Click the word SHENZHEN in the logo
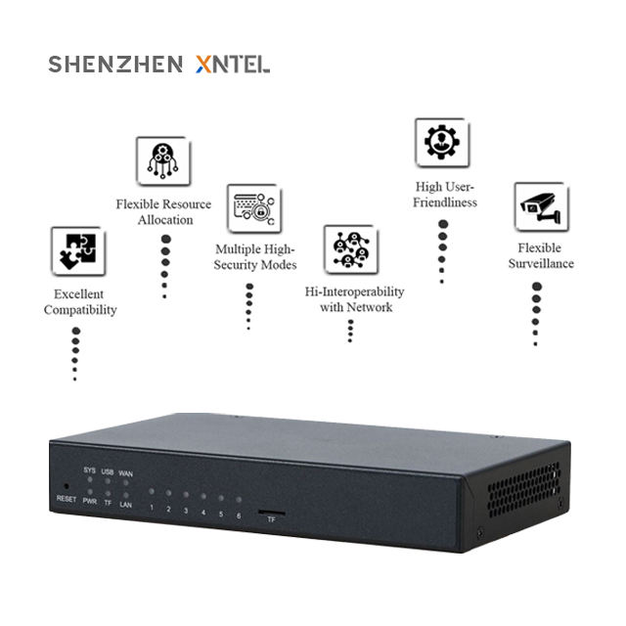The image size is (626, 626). (x=115, y=65)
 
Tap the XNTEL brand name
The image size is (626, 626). (x=233, y=65)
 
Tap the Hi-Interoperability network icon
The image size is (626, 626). (x=350, y=250)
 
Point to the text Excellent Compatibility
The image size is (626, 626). (x=80, y=302)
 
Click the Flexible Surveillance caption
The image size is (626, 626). (x=540, y=255)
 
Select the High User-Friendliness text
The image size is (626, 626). (x=444, y=195)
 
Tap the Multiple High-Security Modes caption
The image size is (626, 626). (x=255, y=257)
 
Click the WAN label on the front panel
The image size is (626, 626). (x=126, y=473)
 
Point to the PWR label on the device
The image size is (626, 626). (x=90, y=502)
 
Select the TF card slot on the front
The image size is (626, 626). (x=272, y=511)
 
